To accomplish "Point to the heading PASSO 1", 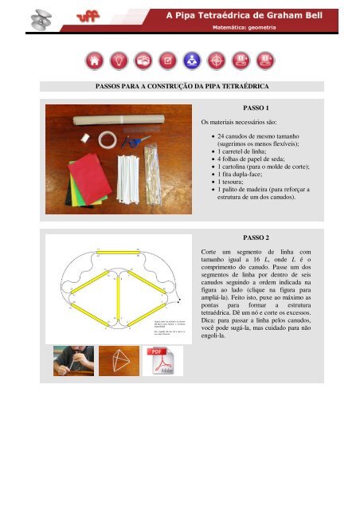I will coord(256,107).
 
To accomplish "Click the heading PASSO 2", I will coord(256,237).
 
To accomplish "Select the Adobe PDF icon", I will coord(162,361).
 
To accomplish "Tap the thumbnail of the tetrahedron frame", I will coord(118,361).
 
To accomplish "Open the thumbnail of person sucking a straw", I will coord(72,361).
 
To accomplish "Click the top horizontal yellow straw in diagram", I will coord(118,252).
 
